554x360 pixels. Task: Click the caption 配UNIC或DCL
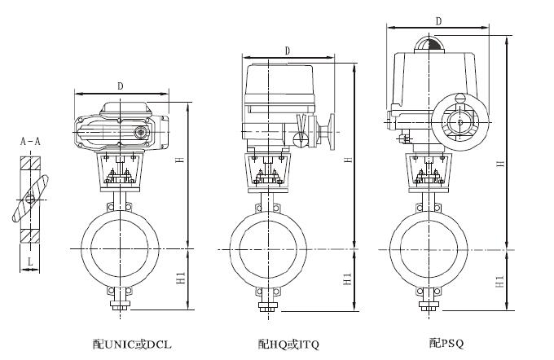[x=134, y=344]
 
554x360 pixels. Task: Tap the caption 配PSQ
[x=446, y=344]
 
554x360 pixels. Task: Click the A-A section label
[x=30, y=142]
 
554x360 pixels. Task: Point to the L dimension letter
[x=30, y=261]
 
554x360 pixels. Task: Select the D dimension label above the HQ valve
[x=288, y=50]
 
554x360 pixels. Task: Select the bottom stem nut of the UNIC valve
[x=121, y=307]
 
